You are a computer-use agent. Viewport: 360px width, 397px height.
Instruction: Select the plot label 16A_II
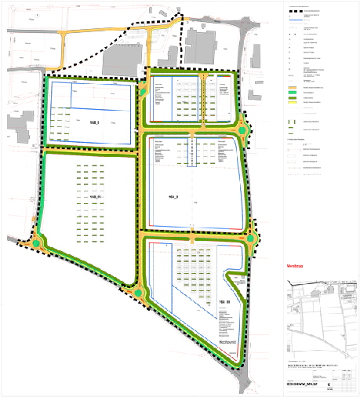[174, 197]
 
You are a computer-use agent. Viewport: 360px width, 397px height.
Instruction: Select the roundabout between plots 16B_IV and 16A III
[139, 293]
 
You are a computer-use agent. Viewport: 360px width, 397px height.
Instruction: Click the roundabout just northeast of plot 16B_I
[143, 92]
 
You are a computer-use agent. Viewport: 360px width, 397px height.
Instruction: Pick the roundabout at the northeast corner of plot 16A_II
[243, 130]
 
